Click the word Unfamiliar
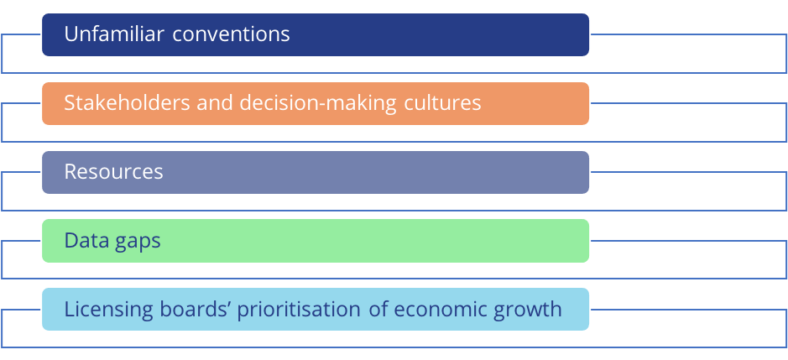click(x=114, y=34)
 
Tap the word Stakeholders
click(x=127, y=102)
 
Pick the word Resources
click(x=113, y=172)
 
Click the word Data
click(x=84, y=240)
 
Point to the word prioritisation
click(x=299, y=310)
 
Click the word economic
click(x=439, y=309)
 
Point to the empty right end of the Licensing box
click(x=576, y=309)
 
